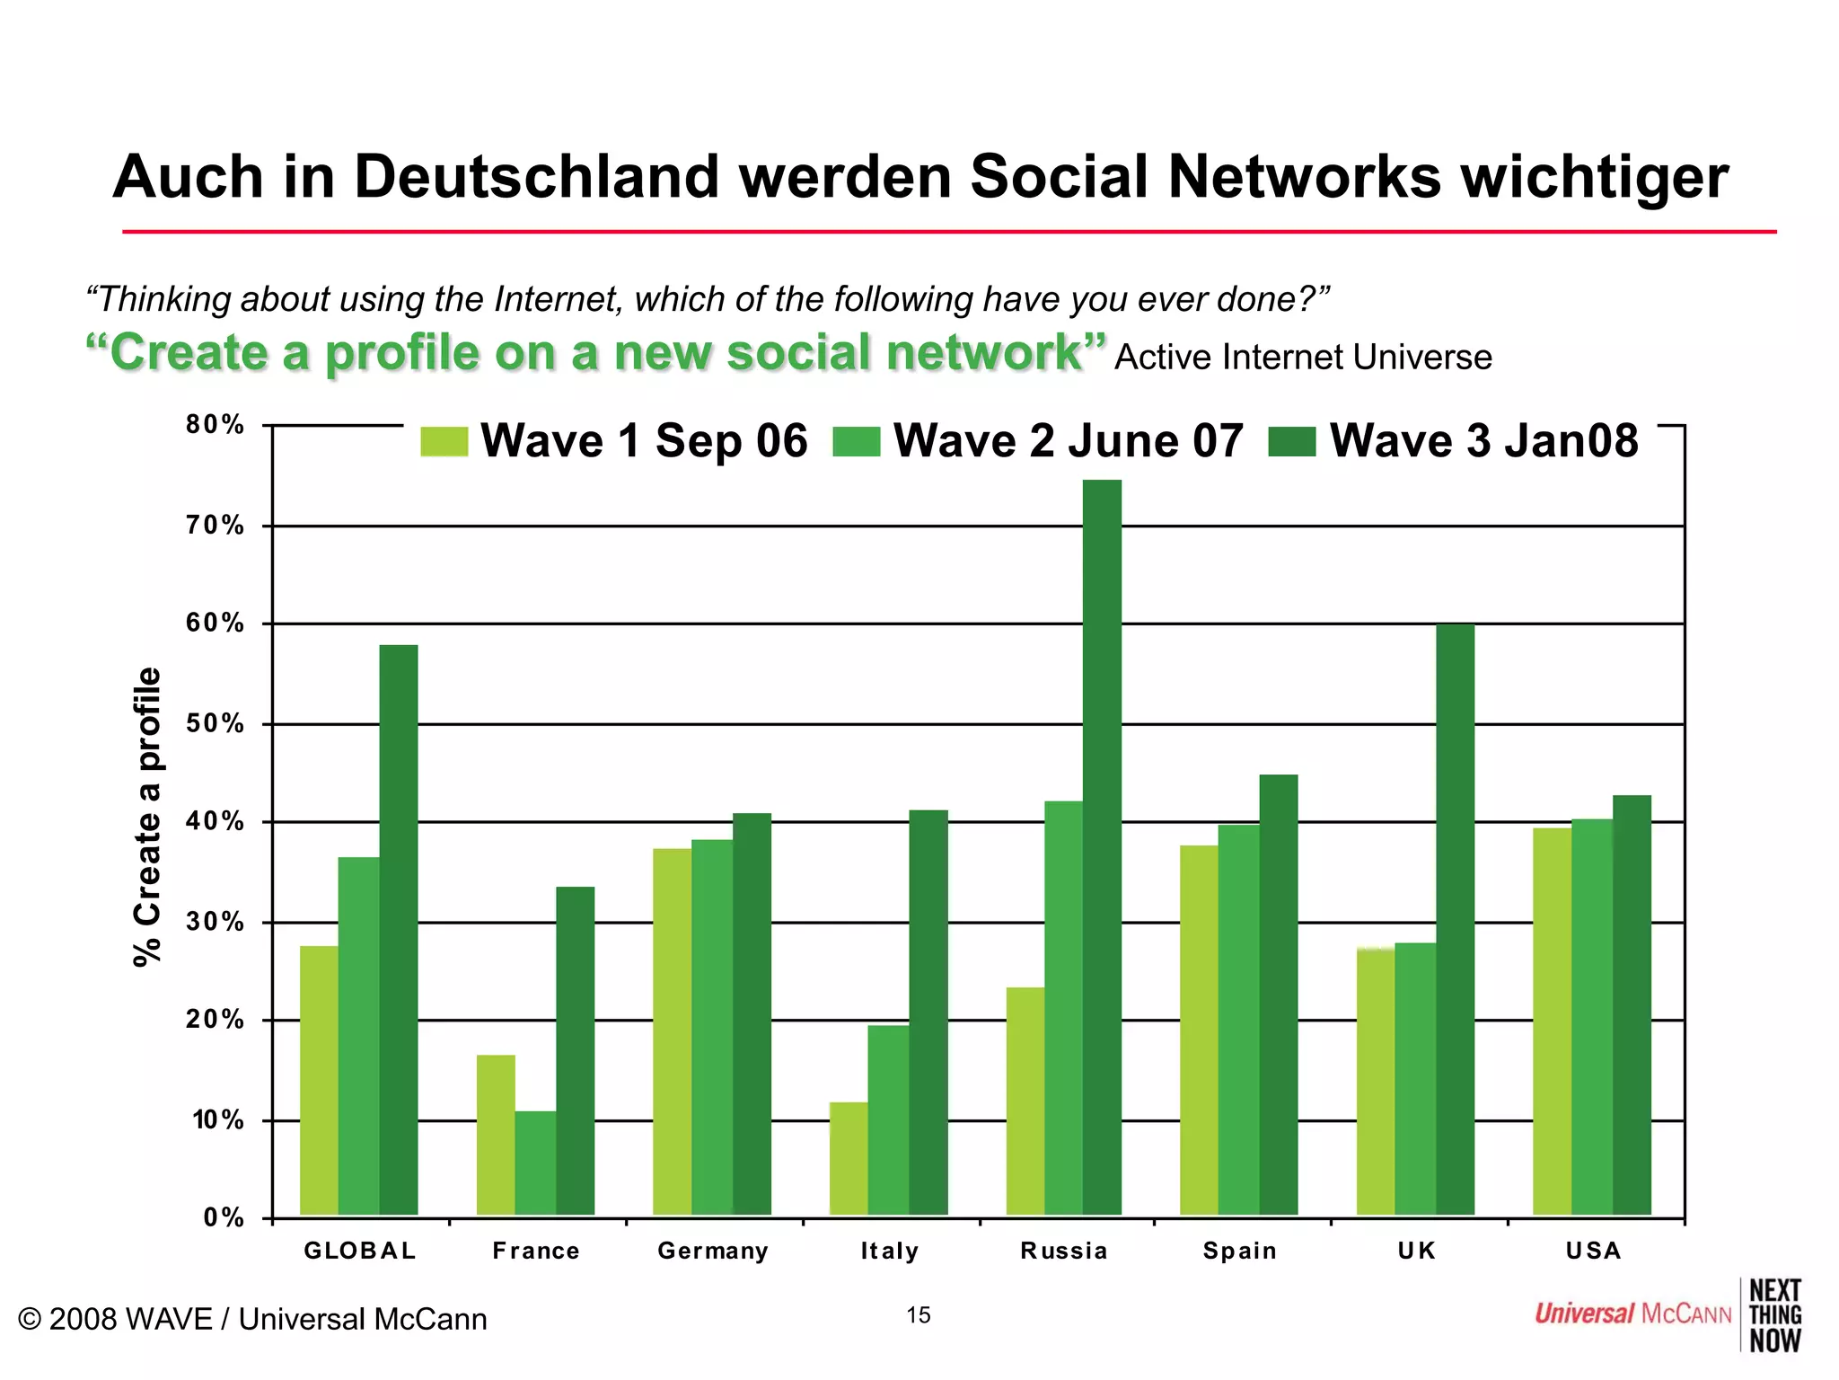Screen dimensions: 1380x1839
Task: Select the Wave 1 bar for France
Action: click(x=496, y=1135)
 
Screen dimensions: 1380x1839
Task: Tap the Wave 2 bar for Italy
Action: click(x=888, y=1120)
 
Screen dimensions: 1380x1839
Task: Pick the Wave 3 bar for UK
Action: click(x=1455, y=919)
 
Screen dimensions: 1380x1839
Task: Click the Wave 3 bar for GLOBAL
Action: click(x=399, y=930)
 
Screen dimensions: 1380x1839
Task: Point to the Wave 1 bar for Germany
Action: click(x=672, y=1031)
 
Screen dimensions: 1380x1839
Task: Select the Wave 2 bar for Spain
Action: click(x=1238, y=1020)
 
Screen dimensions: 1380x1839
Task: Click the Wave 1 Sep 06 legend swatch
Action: click(x=444, y=441)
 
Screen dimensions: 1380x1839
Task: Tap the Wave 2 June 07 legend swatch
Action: click(x=856, y=441)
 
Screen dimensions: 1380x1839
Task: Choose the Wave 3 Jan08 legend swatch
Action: click(x=1292, y=441)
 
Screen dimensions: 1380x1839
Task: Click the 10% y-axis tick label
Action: click(x=217, y=1120)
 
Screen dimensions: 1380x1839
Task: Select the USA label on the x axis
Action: click(x=1593, y=1251)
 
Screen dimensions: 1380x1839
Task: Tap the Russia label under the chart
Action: click(x=1064, y=1251)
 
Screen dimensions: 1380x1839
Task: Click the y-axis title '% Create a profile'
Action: click(x=147, y=816)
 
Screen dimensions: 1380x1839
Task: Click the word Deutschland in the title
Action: click(x=537, y=176)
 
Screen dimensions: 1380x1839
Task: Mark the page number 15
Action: click(x=918, y=1315)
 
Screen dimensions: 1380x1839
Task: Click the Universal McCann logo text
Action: click(x=1632, y=1314)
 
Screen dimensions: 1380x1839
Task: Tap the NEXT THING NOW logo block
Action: click(x=1775, y=1315)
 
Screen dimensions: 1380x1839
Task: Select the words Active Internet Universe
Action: click(x=1303, y=358)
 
